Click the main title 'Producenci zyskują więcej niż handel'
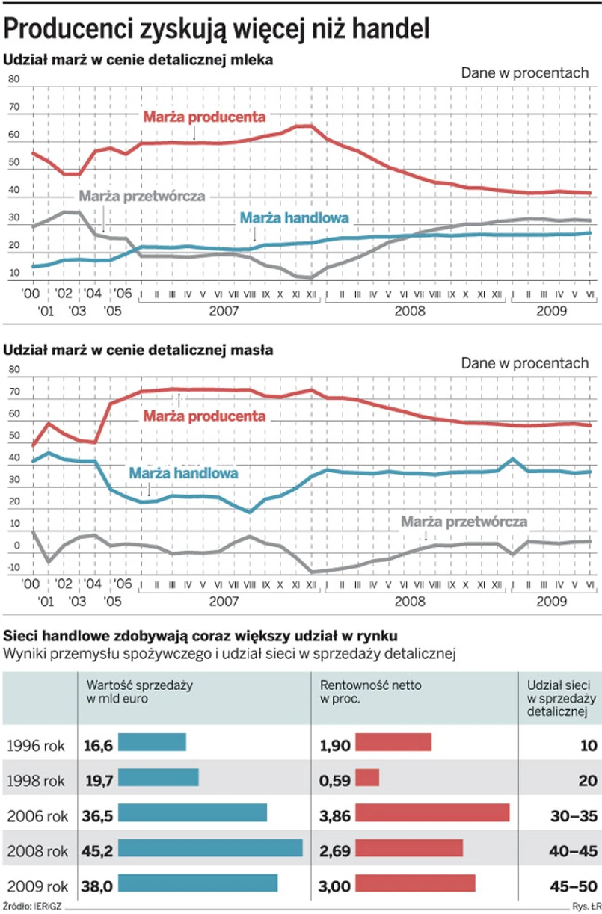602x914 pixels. [217, 29]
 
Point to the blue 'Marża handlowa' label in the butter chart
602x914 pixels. [184, 473]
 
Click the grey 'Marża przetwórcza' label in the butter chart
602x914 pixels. [464, 522]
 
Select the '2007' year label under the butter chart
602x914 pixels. [224, 601]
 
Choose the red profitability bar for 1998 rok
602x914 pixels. [367, 777]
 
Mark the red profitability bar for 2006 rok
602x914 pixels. [432, 812]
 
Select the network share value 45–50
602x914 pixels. [571, 886]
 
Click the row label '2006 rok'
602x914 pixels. [37, 815]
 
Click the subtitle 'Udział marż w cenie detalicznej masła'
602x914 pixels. [139, 349]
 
